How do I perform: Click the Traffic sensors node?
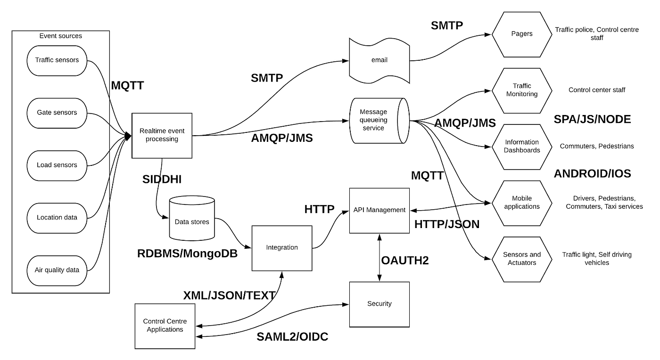[x=57, y=60]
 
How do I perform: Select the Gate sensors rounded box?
[x=57, y=113]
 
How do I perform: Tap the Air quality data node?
[x=57, y=270]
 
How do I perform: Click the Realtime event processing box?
[x=162, y=135]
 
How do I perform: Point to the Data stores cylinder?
[x=191, y=222]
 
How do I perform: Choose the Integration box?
[x=282, y=248]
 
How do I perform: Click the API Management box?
[x=379, y=210]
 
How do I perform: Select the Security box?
[x=379, y=304]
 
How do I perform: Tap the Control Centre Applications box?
[x=165, y=326]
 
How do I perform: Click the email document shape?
[x=379, y=60]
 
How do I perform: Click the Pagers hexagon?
[x=522, y=34]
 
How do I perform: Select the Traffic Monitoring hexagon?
[x=522, y=90]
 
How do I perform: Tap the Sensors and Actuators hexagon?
[x=522, y=259]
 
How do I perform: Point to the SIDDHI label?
[x=162, y=180]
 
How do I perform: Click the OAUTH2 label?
[x=405, y=260]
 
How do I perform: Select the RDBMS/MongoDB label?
[x=187, y=254]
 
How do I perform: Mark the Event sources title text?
[x=60, y=36]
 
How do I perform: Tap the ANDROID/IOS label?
[x=592, y=173]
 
